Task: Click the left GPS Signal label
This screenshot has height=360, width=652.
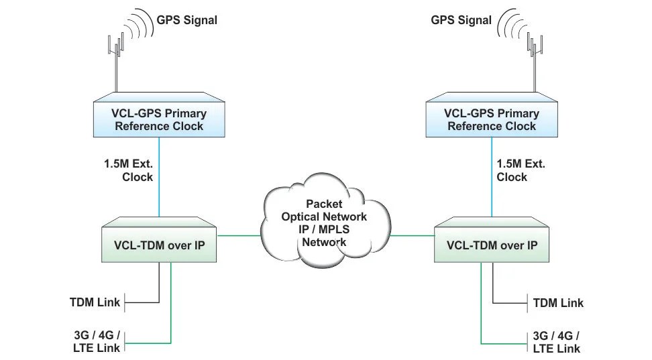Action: click(x=186, y=20)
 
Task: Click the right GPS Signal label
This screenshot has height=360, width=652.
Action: click(x=461, y=20)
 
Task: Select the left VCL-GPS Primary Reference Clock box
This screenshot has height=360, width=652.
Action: click(x=159, y=119)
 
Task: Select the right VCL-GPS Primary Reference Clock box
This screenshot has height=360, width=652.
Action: click(x=492, y=119)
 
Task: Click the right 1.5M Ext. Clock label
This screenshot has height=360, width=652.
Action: click(x=521, y=170)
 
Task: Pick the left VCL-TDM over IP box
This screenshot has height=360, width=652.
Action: click(x=159, y=245)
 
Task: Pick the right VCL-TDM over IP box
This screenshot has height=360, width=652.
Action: click(x=492, y=245)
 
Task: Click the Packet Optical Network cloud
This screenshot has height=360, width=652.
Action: click(x=324, y=221)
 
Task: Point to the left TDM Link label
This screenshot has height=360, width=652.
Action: click(x=95, y=302)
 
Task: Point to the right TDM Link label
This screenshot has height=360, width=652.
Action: click(x=558, y=303)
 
